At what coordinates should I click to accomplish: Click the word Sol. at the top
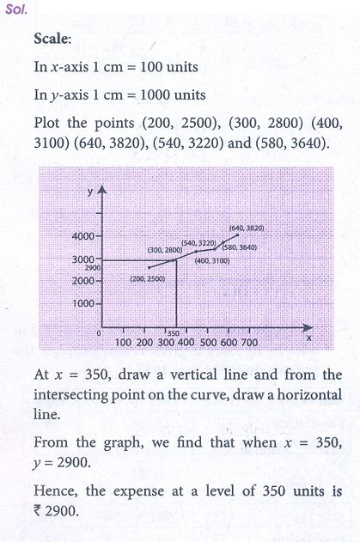click(16, 13)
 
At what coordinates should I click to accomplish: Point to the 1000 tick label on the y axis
click(86, 304)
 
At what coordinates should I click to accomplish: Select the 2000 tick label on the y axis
click(85, 281)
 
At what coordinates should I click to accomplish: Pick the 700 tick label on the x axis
click(248, 343)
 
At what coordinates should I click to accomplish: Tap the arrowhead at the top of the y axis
click(103, 192)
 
